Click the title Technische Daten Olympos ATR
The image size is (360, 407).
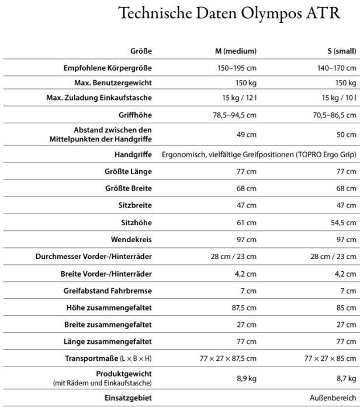(x=229, y=14)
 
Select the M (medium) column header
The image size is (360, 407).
(x=236, y=51)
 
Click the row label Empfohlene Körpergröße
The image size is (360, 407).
(x=103, y=68)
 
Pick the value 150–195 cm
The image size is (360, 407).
(x=237, y=68)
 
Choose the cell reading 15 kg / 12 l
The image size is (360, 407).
(x=239, y=98)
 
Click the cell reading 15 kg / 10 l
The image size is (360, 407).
(x=338, y=98)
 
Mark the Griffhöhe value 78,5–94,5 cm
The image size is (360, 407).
(x=234, y=115)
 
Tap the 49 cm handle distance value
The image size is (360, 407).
(x=247, y=135)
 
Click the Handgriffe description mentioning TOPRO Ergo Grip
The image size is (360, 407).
(x=258, y=155)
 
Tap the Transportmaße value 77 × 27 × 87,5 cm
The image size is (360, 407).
(x=228, y=358)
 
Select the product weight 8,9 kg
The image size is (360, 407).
(x=247, y=378)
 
